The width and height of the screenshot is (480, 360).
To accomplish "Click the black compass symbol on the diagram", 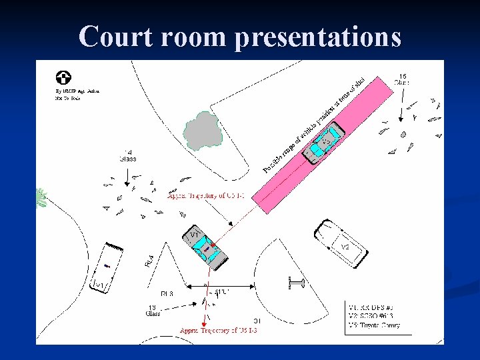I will point(65,78).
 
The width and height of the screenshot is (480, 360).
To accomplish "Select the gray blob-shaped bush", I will point(203,130).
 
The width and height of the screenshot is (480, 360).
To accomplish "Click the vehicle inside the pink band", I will point(323,146).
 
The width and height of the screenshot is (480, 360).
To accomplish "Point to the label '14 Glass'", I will point(128,155).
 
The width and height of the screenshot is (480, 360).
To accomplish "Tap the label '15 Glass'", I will point(402,79).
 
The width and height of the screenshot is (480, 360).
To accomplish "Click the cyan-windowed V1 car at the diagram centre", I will point(205,247).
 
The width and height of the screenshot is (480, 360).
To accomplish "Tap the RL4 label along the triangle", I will point(150,261).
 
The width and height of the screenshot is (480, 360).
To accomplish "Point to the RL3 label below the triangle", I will point(167,293).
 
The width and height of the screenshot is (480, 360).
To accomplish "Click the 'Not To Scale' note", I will point(69,98).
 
